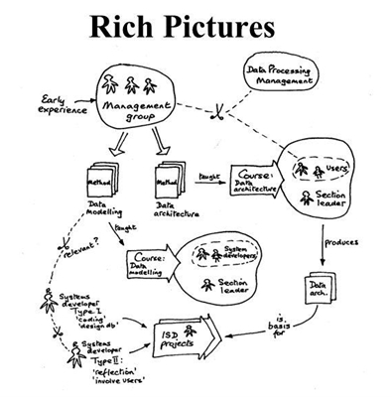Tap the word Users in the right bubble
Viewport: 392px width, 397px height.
pos(335,170)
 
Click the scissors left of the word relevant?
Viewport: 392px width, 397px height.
pos(41,242)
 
